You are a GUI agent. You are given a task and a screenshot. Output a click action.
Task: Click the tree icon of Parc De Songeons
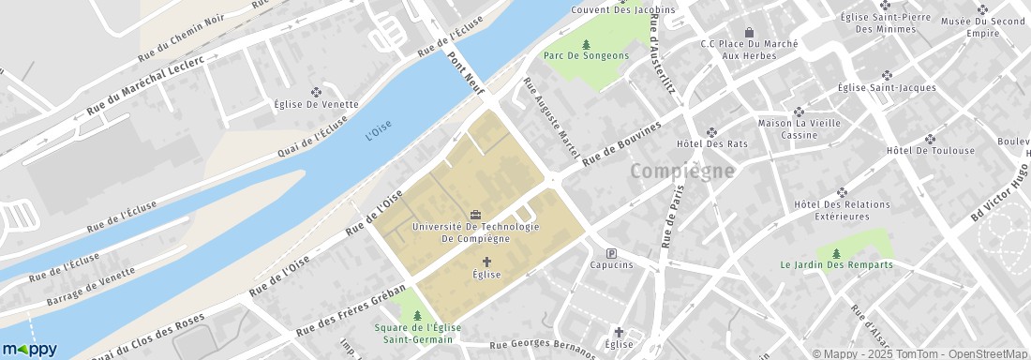[586, 43]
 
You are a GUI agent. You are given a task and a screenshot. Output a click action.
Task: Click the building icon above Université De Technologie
[475, 215]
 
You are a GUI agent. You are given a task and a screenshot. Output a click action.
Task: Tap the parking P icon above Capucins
[612, 253]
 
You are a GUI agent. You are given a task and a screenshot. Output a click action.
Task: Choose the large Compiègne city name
[681, 172]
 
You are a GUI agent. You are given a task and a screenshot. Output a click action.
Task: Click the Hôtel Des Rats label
[711, 143]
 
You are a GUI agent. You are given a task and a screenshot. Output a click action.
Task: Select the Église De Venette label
[316, 104]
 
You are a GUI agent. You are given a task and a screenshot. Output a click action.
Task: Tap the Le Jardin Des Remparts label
[836, 264]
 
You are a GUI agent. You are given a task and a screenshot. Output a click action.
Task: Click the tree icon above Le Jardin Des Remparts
[836, 252]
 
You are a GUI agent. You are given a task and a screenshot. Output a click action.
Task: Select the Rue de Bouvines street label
[621, 144]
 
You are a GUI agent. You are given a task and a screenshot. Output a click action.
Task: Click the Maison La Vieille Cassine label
[799, 128]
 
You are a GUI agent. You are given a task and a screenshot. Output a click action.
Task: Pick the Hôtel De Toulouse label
[930, 150]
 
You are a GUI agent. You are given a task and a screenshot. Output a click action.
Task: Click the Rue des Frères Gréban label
[351, 309]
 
